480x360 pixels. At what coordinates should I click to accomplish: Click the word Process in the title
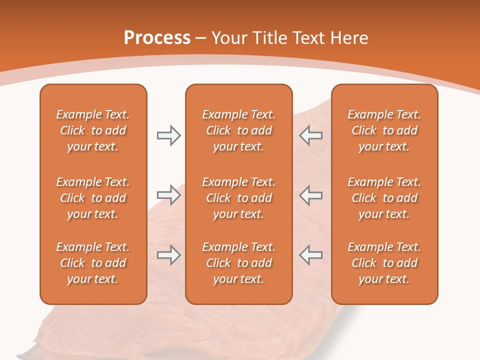pyautogui.click(x=157, y=38)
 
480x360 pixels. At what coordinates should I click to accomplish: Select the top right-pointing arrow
pyautogui.click(x=168, y=135)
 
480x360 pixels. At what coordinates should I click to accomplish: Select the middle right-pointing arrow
pyautogui.click(x=168, y=195)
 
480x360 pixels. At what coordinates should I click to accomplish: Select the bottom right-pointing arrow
pyautogui.click(x=168, y=255)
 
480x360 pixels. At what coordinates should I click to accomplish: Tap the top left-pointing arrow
pyautogui.click(x=311, y=135)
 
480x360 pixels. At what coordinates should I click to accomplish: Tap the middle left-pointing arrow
pyautogui.click(x=311, y=195)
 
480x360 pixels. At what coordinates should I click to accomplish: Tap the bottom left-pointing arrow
pyautogui.click(x=311, y=255)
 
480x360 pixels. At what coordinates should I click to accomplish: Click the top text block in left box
pyautogui.click(x=93, y=130)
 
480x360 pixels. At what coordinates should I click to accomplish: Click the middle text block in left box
pyautogui.click(x=93, y=198)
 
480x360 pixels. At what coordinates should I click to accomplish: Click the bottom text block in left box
pyautogui.click(x=93, y=263)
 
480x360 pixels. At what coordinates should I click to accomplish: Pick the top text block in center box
pyautogui.click(x=238, y=130)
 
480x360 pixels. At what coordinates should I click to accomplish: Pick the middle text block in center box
pyautogui.click(x=238, y=198)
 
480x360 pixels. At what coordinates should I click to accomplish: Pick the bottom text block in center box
pyautogui.click(x=238, y=263)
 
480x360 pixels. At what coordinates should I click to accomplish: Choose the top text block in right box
pyautogui.click(x=384, y=130)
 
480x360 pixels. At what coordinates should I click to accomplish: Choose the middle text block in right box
pyautogui.click(x=384, y=198)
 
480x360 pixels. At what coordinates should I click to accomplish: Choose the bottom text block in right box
pyautogui.click(x=384, y=263)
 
